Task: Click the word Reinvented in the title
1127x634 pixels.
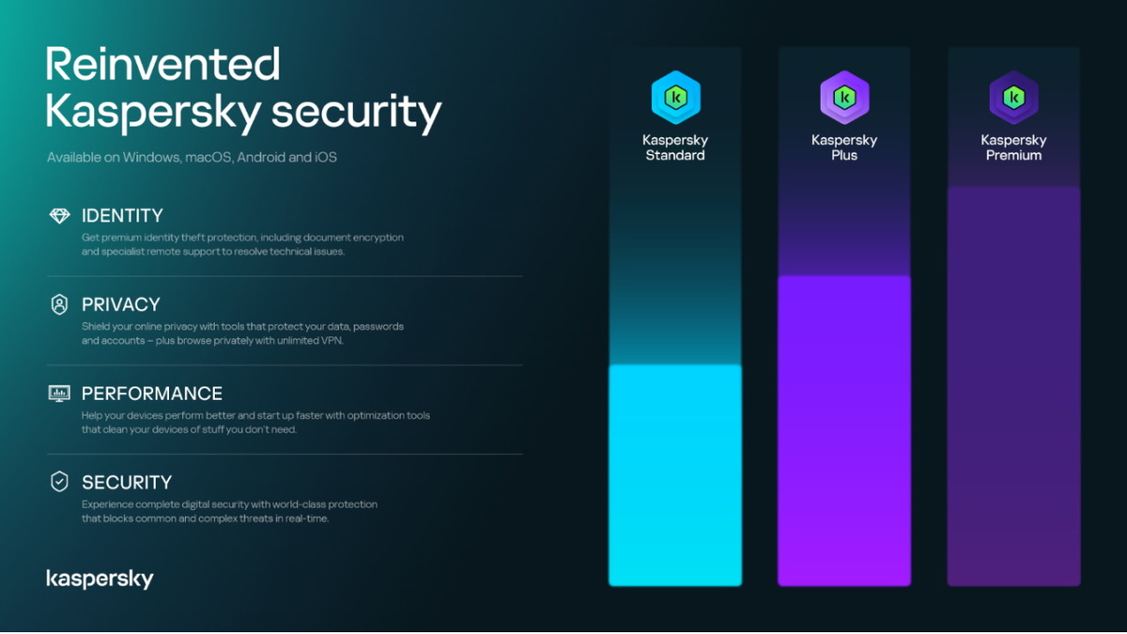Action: (162, 65)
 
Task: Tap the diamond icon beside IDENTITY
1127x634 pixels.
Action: (59, 216)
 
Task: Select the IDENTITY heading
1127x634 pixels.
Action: (122, 216)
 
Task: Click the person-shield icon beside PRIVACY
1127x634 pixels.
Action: (59, 304)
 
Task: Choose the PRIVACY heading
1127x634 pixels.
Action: (120, 304)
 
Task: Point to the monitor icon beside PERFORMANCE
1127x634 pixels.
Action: (59, 394)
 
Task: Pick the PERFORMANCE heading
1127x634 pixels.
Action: (152, 394)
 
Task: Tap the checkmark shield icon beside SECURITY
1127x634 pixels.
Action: (59, 482)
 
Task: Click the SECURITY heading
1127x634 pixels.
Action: (127, 483)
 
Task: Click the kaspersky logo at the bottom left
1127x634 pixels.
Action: (100, 579)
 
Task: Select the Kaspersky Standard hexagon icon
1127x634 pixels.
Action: (675, 98)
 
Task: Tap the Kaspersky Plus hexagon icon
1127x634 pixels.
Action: (844, 98)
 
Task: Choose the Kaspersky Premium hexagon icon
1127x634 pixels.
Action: (1013, 98)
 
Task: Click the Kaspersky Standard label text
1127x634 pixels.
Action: (675, 147)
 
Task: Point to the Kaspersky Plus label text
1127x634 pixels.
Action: (844, 147)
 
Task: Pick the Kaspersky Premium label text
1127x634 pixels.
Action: (1013, 147)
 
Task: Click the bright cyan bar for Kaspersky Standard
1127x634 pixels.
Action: (675, 475)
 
